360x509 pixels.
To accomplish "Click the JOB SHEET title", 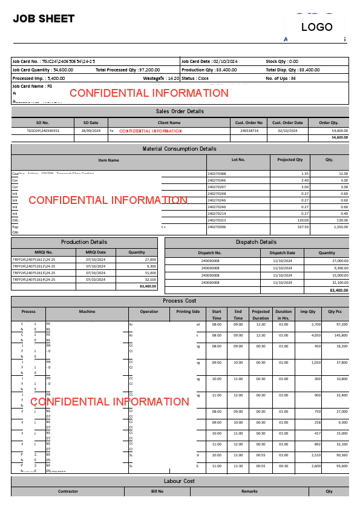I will coord(44,19).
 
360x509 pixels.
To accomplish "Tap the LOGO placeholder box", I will coord(317,27).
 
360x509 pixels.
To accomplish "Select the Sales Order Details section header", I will coord(180,111).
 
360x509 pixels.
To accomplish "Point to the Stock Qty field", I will coord(282,61).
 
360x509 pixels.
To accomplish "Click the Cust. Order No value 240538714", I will coord(249,131).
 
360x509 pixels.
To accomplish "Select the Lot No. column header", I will coord(238,160).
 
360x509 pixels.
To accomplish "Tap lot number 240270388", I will coord(217,174).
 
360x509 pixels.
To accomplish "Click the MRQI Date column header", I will coord(96,252).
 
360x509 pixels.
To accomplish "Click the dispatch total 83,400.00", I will coord(338,291).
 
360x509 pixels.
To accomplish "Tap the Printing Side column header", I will coord(188,312).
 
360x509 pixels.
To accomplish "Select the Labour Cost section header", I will coord(180,481).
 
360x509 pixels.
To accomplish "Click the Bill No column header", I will coord(157,491).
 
